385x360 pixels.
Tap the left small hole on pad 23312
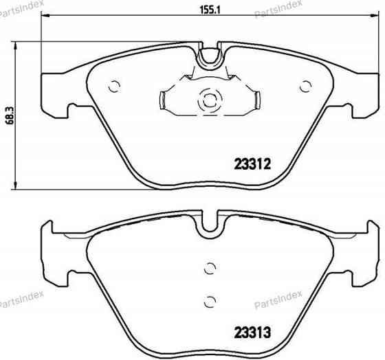[x=115, y=86]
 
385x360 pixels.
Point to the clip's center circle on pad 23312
[x=207, y=100]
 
